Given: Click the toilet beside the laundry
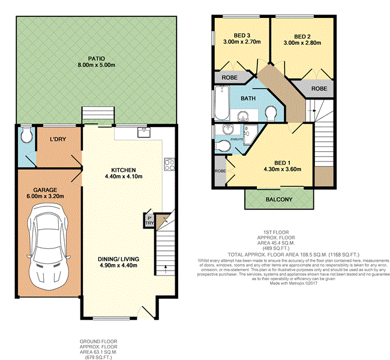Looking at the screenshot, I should [x=25, y=136].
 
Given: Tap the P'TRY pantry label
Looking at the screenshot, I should [x=149, y=220].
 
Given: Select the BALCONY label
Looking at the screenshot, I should [x=278, y=199].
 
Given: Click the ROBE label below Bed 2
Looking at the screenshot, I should [x=318, y=88].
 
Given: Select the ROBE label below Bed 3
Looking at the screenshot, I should [x=229, y=77].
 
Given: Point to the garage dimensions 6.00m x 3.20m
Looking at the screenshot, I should [x=44, y=195].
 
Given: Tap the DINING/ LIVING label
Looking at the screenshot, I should [x=119, y=259].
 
